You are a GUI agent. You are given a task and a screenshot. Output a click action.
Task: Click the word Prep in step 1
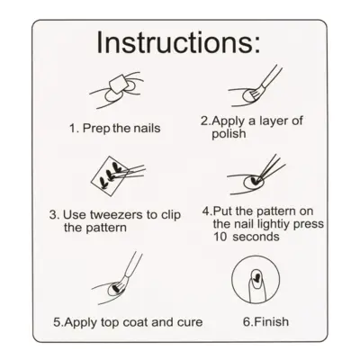coord(95,129)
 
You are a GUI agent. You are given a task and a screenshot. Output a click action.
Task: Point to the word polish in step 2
coord(229,134)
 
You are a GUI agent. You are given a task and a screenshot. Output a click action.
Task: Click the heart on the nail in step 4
coord(255,180)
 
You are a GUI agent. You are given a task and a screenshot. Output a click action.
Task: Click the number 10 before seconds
coord(220,237)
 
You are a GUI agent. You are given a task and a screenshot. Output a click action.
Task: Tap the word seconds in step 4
coord(256,237)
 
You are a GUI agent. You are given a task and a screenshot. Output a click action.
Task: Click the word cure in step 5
coord(190,322)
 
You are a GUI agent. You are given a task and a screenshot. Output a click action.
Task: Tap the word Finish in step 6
coord(271,322)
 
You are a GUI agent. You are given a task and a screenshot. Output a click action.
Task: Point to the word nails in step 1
coord(147,129)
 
